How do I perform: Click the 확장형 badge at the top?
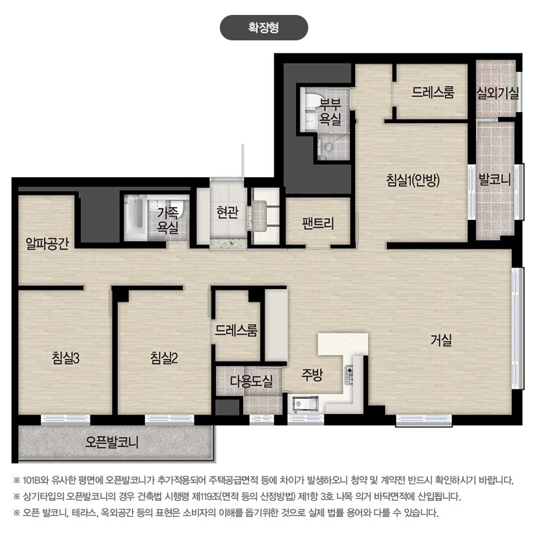(264, 27)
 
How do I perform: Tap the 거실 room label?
(441, 340)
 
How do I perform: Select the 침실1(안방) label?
(413, 180)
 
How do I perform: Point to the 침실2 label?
(164, 357)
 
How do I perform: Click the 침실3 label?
(66, 357)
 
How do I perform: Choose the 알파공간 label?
(47, 244)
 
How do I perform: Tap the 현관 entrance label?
(228, 212)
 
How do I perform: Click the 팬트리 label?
(317, 223)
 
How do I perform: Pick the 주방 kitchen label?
(312, 374)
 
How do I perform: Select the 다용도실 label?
(251, 382)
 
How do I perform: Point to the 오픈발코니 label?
(112, 442)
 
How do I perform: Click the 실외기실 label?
(498, 93)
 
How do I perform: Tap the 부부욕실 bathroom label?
(330, 112)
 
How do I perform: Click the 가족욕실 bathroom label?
(168, 220)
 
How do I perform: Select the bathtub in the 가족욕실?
(135, 217)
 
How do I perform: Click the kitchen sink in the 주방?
(306, 404)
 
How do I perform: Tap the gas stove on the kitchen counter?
(349, 374)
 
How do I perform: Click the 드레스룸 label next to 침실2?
(236, 329)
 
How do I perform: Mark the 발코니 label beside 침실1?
(495, 179)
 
